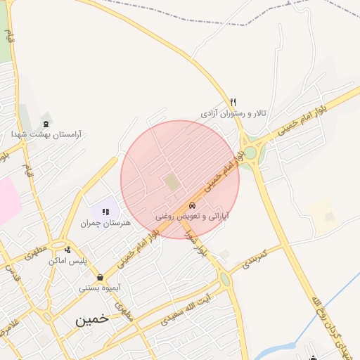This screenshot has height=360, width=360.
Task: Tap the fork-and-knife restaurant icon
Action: pyautogui.click(x=233, y=102)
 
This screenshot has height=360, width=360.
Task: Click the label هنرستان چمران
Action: pyautogui.click(x=106, y=222)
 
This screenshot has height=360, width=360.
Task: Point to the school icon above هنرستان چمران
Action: pyautogui.click(x=106, y=212)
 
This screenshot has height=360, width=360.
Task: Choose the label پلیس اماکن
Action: pyautogui.click(x=67, y=260)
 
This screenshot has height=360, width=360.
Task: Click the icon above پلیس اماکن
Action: pyautogui.click(x=67, y=250)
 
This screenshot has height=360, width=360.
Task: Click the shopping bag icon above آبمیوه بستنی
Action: pyautogui.click(x=101, y=277)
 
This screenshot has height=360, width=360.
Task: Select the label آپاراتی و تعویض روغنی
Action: pyautogui.click(x=192, y=217)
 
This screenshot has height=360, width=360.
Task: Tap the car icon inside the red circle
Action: pyautogui.click(x=192, y=206)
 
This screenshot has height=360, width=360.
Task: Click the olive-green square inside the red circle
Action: pyautogui.click(x=171, y=181)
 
